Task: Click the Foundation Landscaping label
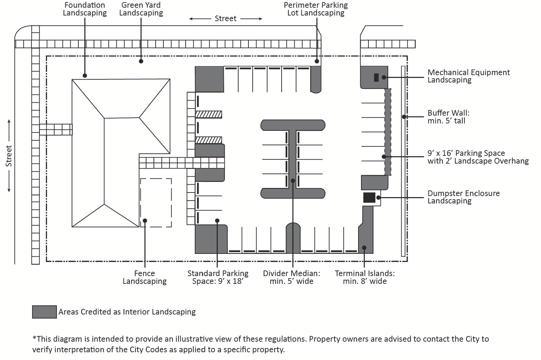tap(85, 9)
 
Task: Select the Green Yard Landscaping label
tap(141, 9)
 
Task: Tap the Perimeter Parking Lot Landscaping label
tap(315, 9)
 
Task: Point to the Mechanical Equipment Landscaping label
tap(468, 76)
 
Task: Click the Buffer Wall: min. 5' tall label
tap(448, 117)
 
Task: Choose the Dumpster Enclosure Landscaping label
tap(463, 197)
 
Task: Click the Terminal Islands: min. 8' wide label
tap(365, 277)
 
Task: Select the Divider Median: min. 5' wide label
tap(291, 277)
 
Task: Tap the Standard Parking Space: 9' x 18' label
tap(218, 277)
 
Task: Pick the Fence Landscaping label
tap(144, 277)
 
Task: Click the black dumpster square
tap(369, 197)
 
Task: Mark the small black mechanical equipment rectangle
tap(376, 77)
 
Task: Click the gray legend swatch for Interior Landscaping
tap(44, 312)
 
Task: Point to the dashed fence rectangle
tap(156, 203)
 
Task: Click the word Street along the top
tap(226, 19)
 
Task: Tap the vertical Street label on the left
tap(9, 156)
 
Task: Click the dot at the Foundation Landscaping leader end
tap(85, 75)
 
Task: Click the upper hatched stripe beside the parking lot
tap(209, 114)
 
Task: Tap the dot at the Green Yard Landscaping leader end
tap(141, 61)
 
